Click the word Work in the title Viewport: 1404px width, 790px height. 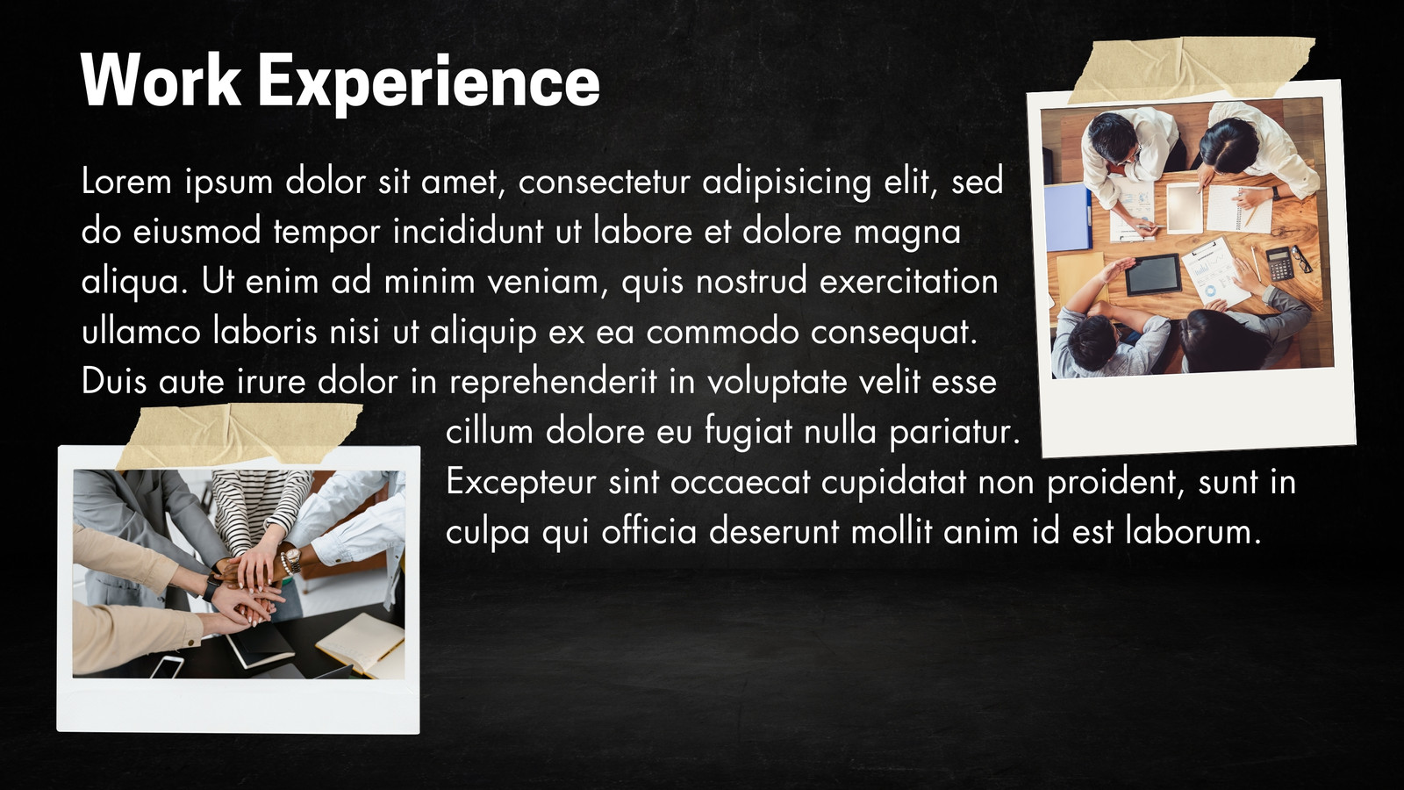pos(161,81)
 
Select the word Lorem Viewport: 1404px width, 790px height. pos(126,182)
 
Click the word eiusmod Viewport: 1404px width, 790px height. pos(197,231)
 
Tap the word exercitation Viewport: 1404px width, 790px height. pos(909,281)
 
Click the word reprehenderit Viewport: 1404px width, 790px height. pos(554,383)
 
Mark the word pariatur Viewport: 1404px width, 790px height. pos(955,434)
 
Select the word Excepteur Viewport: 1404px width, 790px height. pos(521,484)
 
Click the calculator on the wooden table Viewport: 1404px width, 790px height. pos(1279,263)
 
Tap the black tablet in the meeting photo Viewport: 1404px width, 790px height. pos(1153,275)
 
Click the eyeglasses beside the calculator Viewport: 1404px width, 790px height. pos(1301,258)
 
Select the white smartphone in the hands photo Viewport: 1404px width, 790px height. pos(167,666)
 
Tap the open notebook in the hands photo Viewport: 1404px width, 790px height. pos(361,646)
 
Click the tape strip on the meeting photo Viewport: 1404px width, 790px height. pos(1191,68)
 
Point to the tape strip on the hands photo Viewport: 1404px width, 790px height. pos(238,435)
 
